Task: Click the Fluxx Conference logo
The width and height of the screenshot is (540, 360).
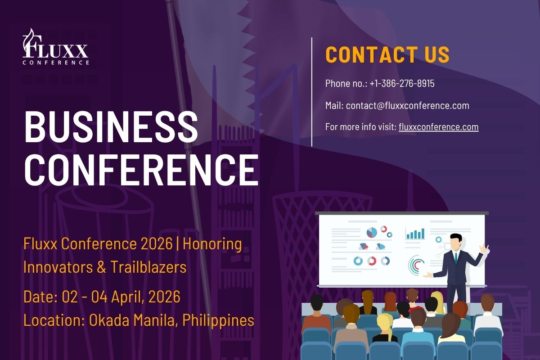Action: (x=56, y=46)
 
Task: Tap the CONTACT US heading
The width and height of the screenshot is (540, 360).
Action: (x=387, y=55)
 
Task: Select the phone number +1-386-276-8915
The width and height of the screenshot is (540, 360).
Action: (x=402, y=83)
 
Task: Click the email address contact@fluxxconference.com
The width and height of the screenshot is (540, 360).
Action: (x=407, y=106)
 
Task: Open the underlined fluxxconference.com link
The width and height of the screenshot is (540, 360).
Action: (x=438, y=127)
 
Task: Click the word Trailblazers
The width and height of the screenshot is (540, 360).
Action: (x=148, y=267)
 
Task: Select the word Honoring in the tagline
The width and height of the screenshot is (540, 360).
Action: (x=212, y=244)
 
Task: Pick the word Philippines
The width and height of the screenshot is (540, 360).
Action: (x=218, y=321)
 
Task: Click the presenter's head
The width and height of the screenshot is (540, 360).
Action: (x=455, y=241)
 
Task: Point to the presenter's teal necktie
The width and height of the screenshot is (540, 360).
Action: (x=456, y=258)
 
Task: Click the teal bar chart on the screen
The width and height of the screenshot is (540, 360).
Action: (x=415, y=234)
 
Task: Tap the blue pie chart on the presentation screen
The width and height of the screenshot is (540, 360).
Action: (x=372, y=233)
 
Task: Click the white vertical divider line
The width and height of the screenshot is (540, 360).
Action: (x=312, y=92)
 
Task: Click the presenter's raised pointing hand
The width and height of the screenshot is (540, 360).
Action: (x=483, y=248)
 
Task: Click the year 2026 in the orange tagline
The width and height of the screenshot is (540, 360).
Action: (x=157, y=244)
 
